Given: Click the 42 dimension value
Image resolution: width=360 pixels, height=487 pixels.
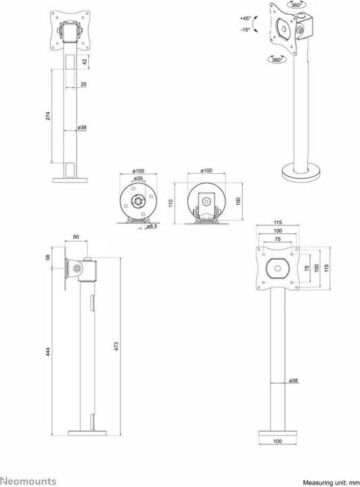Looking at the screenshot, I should click(84, 62).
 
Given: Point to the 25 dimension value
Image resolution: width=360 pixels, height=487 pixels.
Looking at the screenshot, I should click(83, 85).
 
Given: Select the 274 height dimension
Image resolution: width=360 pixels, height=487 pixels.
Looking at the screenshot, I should click(48, 116).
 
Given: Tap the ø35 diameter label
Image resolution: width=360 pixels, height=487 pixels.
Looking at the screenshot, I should click(138, 179).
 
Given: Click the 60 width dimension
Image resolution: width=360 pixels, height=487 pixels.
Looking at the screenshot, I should click(76, 237).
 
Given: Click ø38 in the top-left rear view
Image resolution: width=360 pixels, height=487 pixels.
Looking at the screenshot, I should click(83, 127).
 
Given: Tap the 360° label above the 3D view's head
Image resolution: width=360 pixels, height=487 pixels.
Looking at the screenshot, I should click(296, 5).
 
